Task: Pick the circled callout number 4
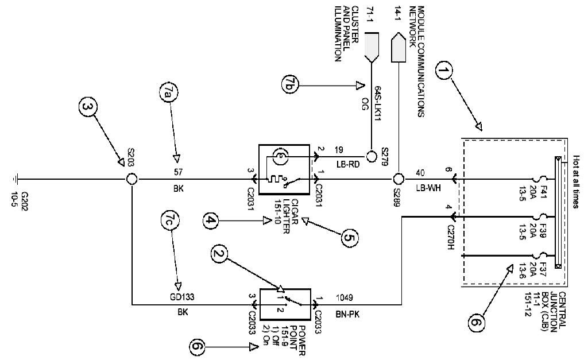pyautogui.click(x=211, y=220)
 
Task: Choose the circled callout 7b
pyautogui.click(x=291, y=85)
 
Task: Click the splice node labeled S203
pyautogui.click(x=132, y=180)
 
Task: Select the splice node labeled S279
pyautogui.click(x=370, y=155)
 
